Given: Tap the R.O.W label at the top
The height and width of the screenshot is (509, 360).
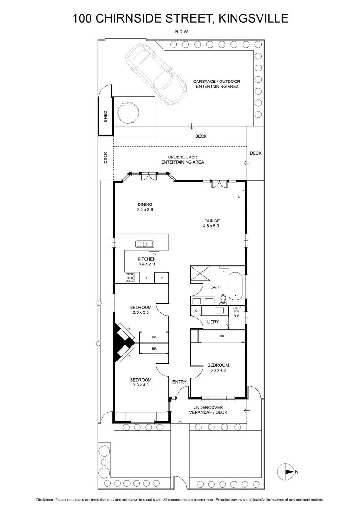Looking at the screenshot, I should (x=180, y=33).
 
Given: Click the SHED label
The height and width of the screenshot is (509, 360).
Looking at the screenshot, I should (x=106, y=116).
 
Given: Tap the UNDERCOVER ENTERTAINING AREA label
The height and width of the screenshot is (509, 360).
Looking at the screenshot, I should (x=182, y=159).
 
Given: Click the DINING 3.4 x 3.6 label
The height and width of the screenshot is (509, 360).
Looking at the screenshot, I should (x=132, y=207).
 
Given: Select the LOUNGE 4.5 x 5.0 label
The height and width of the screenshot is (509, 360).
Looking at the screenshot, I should (x=211, y=223).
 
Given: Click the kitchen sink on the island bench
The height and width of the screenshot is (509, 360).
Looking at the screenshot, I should (x=145, y=244).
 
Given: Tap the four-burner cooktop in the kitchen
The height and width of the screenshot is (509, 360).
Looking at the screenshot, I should (x=131, y=278).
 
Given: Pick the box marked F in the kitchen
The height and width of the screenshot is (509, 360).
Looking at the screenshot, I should (x=147, y=278).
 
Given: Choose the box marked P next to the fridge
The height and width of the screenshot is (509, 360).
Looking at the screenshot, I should (x=162, y=278).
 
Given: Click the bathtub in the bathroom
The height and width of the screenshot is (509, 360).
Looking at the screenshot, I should (x=235, y=286).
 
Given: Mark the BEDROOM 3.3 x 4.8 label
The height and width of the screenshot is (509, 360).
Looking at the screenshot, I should (x=141, y=383).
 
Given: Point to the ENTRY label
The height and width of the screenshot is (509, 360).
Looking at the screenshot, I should (x=179, y=382).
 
